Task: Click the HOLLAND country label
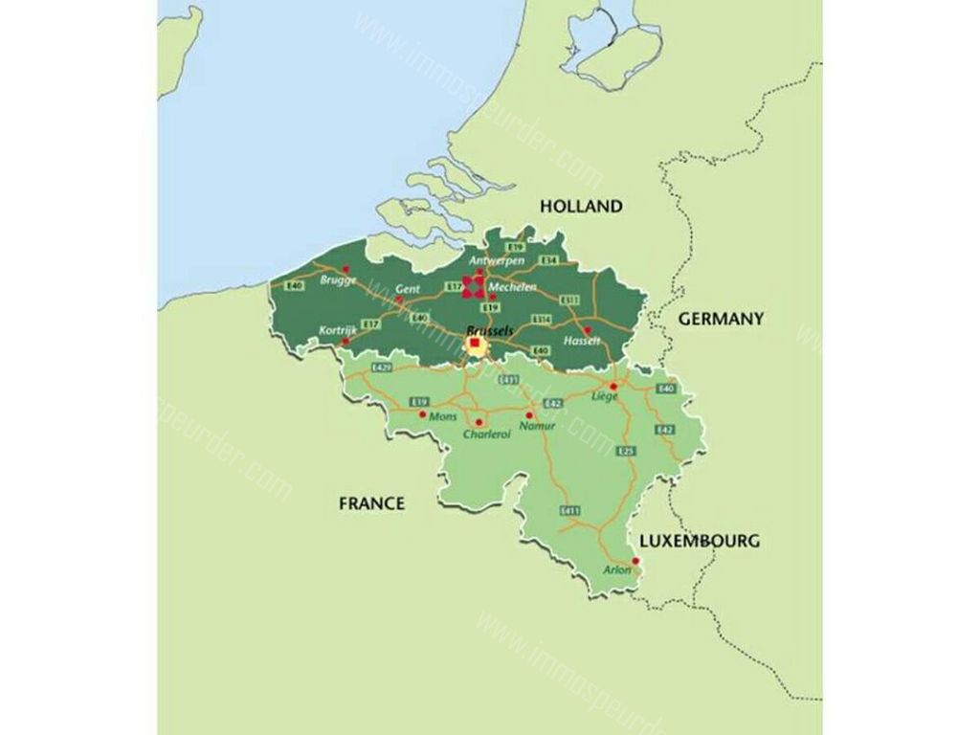click(581, 206)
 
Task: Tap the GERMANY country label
click(721, 319)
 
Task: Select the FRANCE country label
click(371, 502)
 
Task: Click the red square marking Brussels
click(475, 343)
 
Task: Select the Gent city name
click(408, 288)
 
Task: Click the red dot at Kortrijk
click(345, 340)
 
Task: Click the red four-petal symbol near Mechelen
click(474, 284)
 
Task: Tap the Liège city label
click(605, 396)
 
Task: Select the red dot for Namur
click(529, 415)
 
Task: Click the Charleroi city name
click(486, 434)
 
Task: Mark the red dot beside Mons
click(422, 414)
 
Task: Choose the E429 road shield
click(382, 367)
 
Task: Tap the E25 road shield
click(627, 451)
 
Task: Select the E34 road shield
click(548, 260)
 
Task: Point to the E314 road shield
click(542, 319)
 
